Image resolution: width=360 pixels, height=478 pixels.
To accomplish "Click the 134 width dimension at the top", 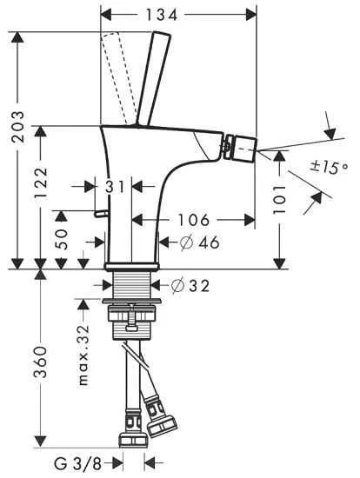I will (x=178, y=14).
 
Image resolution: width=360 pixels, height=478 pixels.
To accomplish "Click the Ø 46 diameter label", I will (x=197, y=242).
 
